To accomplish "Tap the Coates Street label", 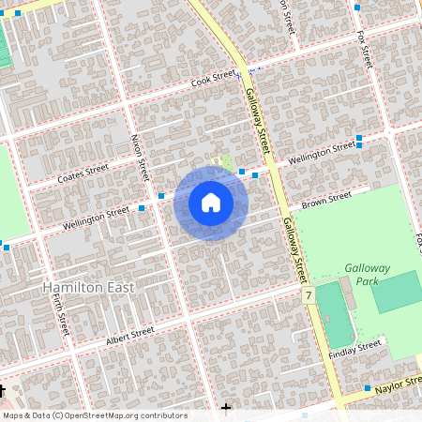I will [83, 174].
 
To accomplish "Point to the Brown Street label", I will [326, 200].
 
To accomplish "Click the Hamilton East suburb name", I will [88, 287].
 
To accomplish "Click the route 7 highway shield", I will [308, 295].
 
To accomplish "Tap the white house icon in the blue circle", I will [211, 203].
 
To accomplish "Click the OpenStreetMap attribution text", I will [94, 415].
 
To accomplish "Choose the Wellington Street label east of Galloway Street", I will [322, 152].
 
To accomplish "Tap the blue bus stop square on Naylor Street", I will [368, 387].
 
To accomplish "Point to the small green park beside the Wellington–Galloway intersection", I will [227, 164].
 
